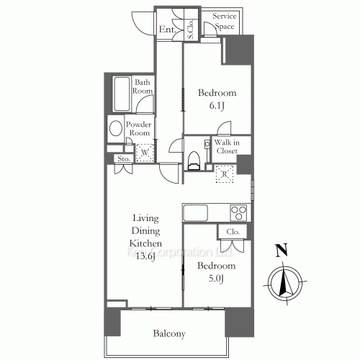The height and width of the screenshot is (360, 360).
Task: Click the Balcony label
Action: (169, 333)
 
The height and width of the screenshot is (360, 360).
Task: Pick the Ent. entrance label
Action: (167, 30)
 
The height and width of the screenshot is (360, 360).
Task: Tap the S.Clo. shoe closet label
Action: (192, 26)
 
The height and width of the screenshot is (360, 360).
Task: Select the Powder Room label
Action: (138, 128)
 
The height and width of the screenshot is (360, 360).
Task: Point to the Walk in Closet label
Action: (226, 147)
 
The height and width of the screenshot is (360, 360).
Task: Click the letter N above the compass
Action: (282, 251)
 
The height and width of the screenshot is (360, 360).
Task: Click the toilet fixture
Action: (192, 160)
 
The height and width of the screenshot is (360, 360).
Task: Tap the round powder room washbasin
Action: (114, 130)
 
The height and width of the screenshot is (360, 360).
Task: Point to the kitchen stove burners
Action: (238, 212)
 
